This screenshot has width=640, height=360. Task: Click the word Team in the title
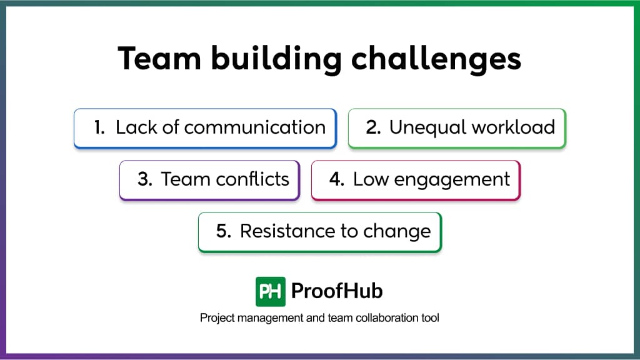click(x=159, y=58)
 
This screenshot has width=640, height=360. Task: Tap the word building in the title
click(x=276, y=59)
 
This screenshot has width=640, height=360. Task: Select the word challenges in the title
click(x=436, y=59)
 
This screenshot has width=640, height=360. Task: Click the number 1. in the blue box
click(x=99, y=127)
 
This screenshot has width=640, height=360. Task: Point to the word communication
click(x=255, y=127)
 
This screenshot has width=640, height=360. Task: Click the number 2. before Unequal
click(x=373, y=127)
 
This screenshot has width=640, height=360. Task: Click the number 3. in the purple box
click(x=145, y=179)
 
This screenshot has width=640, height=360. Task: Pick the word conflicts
click(x=252, y=179)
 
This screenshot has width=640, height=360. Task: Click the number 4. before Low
click(x=337, y=179)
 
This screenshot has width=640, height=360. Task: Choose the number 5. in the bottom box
click(x=224, y=231)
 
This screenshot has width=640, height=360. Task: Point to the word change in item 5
click(x=397, y=232)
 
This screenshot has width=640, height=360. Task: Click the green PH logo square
click(x=270, y=291)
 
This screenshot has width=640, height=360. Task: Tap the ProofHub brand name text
click(x=337, y=291)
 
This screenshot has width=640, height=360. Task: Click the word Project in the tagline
click(x=217, y=318)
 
